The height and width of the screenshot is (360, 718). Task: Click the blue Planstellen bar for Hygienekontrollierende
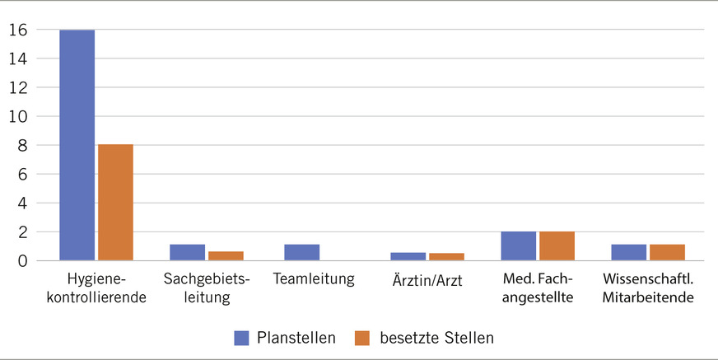tap(77, 145)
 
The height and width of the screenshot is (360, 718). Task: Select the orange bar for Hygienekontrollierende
tap(115, 203)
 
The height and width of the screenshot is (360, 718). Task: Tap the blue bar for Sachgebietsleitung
tap(188, 253)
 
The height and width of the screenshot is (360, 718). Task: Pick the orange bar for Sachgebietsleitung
tap(226, 256)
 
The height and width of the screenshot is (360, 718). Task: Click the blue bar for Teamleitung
tap(301, 253)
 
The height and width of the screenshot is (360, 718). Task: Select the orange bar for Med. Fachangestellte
tap(557, 246)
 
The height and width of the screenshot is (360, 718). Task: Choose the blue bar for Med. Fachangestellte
tap(519, 246)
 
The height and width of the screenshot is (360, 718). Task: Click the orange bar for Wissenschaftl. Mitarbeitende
tap(667, 253)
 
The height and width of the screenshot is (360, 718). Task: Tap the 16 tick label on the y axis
tap(19, 30)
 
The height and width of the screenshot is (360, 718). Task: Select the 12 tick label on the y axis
tap(19, 88)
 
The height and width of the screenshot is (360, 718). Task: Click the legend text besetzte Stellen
tap(436, 338)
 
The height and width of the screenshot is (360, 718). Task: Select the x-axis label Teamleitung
tap(314, 279)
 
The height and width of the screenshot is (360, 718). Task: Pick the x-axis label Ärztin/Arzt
tap(428, 280)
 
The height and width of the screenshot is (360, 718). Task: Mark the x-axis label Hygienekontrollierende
tap(97, 288)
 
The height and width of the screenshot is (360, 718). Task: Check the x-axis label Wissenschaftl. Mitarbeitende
tap(647, 288)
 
